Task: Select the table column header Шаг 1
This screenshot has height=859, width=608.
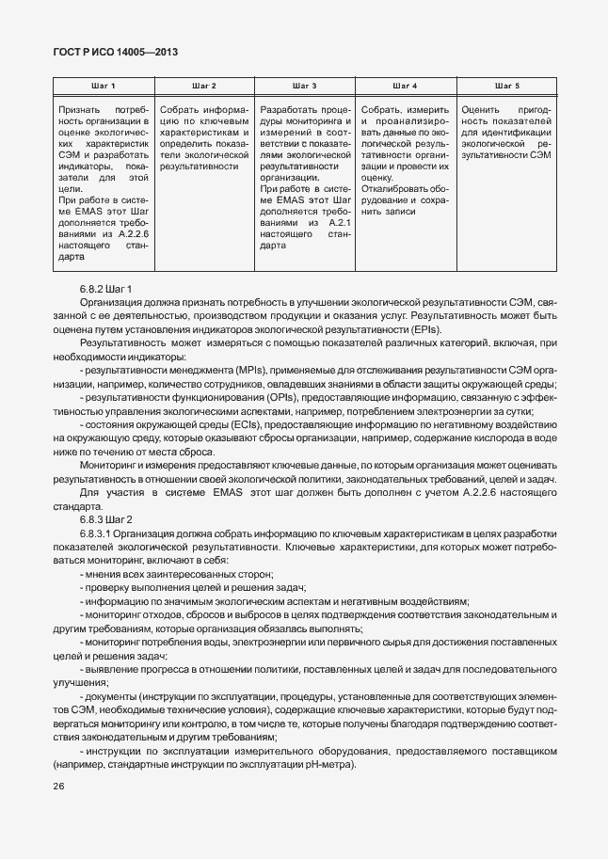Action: [103, 86]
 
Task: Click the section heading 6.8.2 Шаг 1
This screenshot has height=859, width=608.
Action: [105, 288]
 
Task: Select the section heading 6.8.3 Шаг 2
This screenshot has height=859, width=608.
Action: [105, 519]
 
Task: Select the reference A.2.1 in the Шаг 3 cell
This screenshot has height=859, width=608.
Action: [338, 223]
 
